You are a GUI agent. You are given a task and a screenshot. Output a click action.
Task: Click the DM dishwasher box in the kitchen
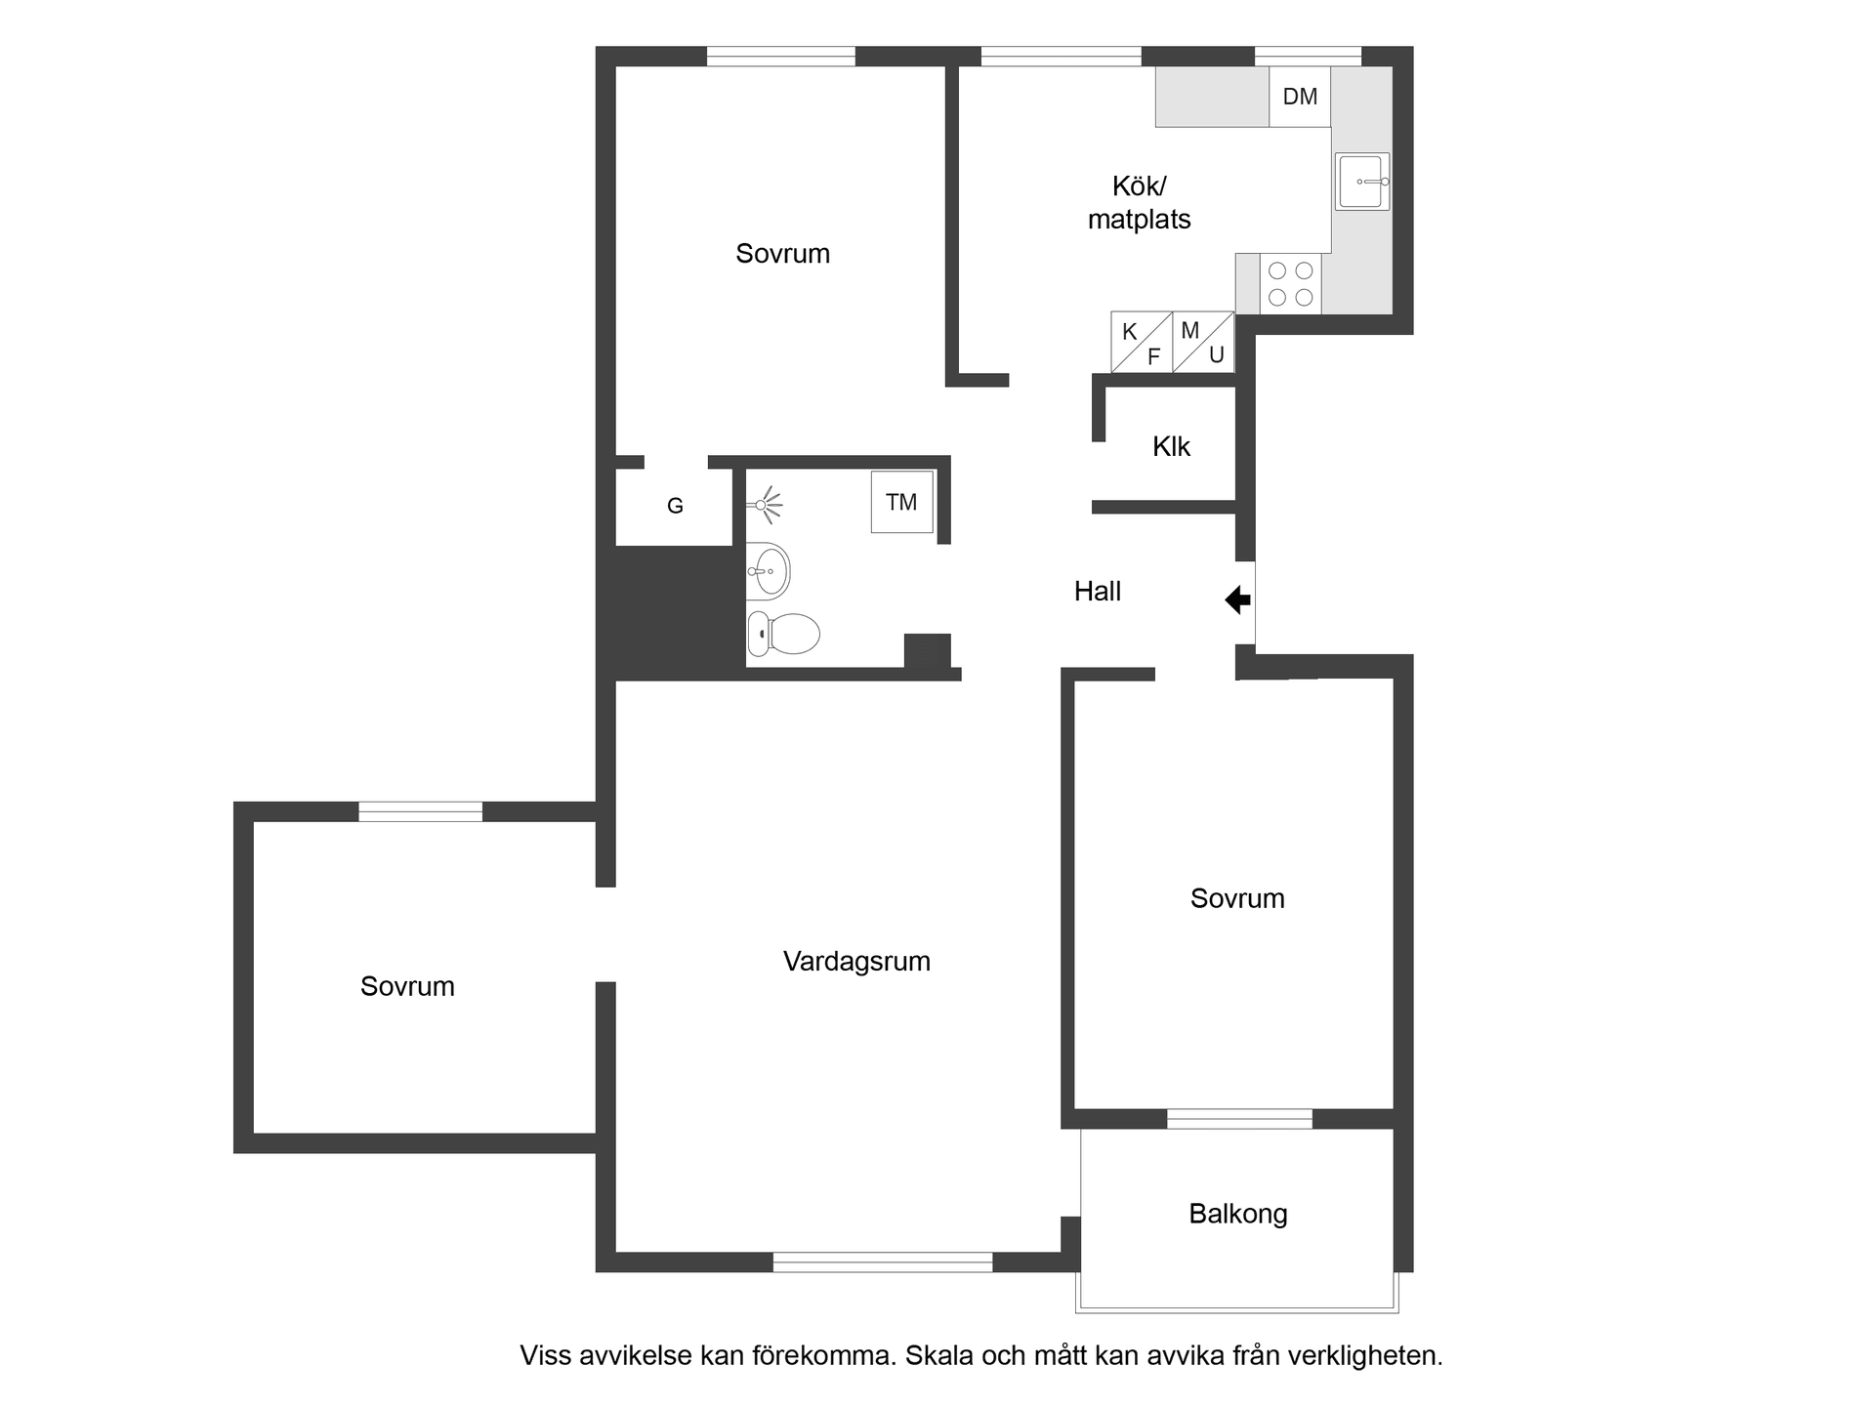point(1300,97)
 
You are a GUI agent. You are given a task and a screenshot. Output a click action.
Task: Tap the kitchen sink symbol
point(1362,182)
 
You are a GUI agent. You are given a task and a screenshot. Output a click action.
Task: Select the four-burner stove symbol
point(1290,284)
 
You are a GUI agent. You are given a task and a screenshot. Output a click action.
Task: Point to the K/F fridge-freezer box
point(1142,343)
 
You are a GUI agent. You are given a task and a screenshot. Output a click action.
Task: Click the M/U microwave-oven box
point(1203,342)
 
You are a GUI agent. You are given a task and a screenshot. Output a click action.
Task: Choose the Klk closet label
point(1171,447)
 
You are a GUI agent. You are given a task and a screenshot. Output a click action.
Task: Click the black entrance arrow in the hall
point(1238,600)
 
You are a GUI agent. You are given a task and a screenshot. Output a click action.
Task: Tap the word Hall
point(1097,592)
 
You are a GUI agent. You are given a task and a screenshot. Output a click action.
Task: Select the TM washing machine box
point(901,503)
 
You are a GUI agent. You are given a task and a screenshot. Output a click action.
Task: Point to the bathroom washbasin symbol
point(769,571)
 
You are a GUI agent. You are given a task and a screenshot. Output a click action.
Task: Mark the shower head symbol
point(768,505)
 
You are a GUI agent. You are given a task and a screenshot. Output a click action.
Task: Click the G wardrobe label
point(675,506)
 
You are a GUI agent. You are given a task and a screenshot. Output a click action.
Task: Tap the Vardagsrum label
point(856,962)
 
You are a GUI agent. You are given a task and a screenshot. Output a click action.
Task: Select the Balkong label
point(1237,1214)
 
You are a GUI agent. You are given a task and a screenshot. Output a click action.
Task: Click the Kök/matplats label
point(1139,203)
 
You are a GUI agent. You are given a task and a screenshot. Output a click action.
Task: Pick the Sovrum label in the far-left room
point(407,987)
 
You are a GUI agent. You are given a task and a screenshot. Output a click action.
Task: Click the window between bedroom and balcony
point(1239,1119)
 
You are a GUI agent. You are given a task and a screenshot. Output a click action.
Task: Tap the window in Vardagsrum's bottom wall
point(883,1262)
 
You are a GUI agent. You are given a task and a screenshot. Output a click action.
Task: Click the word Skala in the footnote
point(936,1356)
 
